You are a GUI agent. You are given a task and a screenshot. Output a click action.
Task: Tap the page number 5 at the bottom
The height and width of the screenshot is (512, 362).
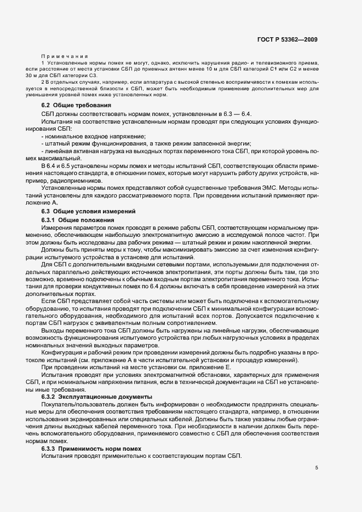point(317,468)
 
